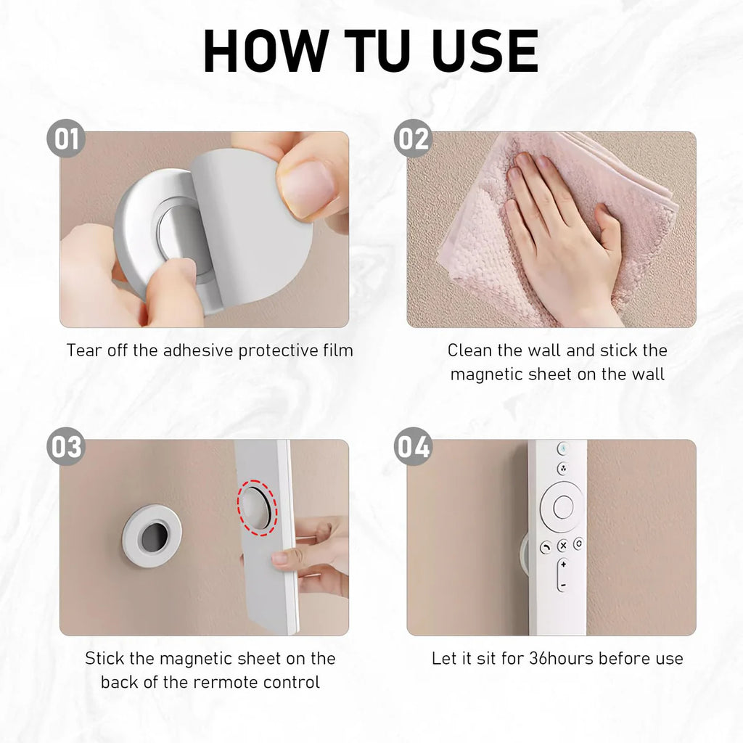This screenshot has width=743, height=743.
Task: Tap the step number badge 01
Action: tap(66, 139)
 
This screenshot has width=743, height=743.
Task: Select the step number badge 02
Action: tap(413, 139)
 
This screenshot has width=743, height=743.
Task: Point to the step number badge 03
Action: tap(66, 446)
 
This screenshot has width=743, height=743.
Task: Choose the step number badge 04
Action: tap(413, 446)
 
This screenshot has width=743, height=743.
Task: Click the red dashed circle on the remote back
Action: tap(258, 507)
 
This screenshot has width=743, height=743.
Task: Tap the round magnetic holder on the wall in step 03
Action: tap(152, 536)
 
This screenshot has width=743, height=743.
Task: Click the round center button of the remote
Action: tap(563, 507)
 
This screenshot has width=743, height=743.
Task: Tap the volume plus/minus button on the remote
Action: tap(563, 575)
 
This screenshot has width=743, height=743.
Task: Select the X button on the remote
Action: tap(563, 546)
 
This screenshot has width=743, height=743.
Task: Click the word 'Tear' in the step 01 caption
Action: tap(84, 350)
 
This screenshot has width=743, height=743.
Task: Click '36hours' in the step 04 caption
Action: tap(561, 658)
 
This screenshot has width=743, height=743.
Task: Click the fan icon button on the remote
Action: tap(563, 469)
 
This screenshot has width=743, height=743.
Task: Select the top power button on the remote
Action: tap(563, 448)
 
